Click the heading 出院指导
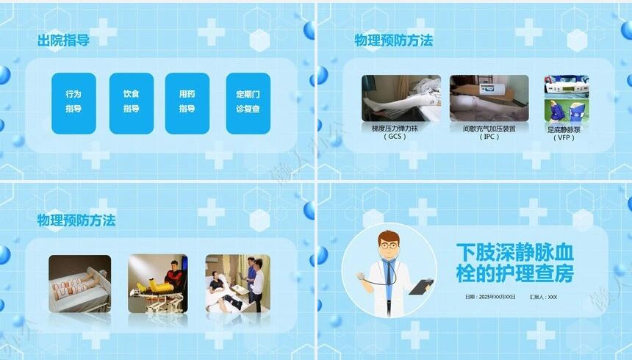pos(63,40)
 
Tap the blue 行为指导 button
pos(73,102)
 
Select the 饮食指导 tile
pos(131,102)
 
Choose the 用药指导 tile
pos(187,102)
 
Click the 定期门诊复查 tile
pos(248,102)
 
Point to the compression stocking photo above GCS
pos(401,97)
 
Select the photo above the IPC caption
pos(489,97)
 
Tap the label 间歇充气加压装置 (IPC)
pos(489,132)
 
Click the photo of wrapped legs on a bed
pos(79,284)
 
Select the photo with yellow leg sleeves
pos(157,284)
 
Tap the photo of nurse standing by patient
pos(237,284)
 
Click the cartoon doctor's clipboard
pos(421,286)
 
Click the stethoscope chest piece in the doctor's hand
pos(360,277)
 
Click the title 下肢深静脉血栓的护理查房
pos(514,263)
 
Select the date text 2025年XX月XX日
pos(490,298)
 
